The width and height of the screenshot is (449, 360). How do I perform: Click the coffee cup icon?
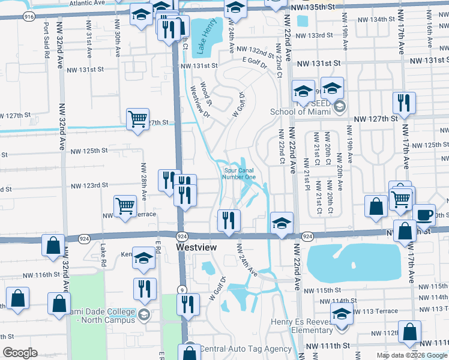coord(424,215)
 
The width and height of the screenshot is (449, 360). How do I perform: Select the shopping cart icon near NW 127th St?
coord(138,119)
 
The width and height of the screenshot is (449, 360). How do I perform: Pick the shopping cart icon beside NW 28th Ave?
coord(125,206)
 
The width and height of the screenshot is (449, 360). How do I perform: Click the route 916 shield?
coord(29,17)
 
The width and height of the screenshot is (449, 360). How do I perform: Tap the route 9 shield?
coord(180,273)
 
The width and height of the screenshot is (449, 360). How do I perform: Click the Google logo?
coord(20,353)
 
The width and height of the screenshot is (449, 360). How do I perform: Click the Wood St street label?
coord(204,91)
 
